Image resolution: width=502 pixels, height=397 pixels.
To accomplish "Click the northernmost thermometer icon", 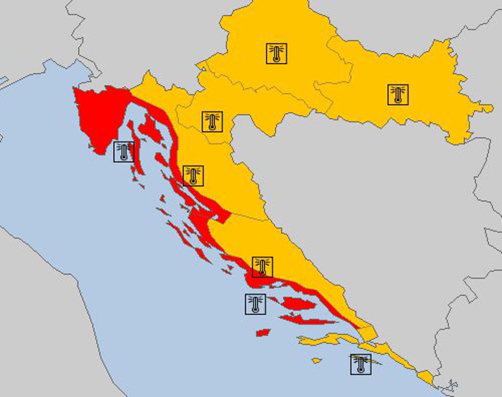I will (x=276, y=53).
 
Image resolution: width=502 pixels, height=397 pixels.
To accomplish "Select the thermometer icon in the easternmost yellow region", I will (x=398, y=94).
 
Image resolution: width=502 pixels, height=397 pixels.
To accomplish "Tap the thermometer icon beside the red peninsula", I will (x=124, y=152).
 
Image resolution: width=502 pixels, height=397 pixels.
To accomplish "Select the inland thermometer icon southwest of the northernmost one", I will (x=212, y=122).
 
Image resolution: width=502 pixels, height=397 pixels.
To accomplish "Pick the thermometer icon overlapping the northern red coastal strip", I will (x=193, y=176).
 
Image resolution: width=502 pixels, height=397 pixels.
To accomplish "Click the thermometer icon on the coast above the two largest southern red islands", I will (x=262, y=267).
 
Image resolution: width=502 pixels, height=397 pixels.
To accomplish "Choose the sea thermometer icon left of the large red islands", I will (x=255, y=304).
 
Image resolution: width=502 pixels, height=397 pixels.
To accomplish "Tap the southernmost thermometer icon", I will (x=360, y=364).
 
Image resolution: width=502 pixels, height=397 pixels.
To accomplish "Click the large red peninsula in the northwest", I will (x=101, y=115).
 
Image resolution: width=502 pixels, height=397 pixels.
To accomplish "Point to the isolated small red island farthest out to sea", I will (x=263, y=333).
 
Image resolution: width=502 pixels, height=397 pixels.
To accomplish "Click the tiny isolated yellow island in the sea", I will (x=317, y=361).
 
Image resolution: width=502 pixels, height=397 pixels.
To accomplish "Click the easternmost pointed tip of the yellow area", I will (x=490, y=108).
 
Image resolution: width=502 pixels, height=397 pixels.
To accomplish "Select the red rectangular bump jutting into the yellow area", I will (x=223, y=216).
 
